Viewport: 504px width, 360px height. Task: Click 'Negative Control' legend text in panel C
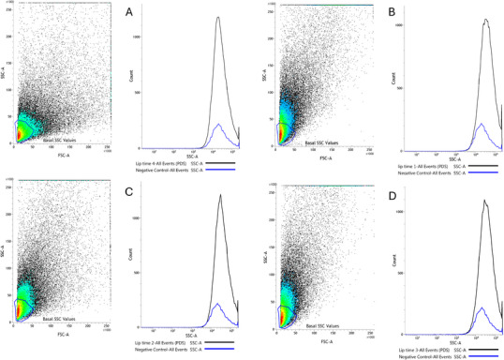pyautogui.click(x=160, y=349)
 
